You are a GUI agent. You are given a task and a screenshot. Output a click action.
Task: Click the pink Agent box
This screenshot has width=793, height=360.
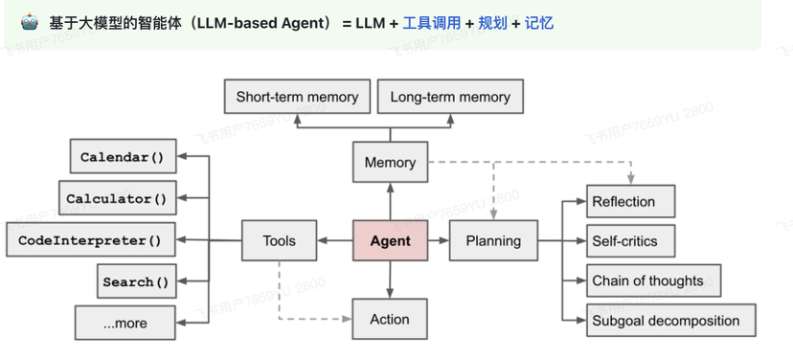coord(390,241)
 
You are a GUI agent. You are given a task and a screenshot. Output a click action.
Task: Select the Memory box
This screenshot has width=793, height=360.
coord(390,163)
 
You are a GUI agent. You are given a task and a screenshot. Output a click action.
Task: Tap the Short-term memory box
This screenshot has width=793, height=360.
coord(297,97)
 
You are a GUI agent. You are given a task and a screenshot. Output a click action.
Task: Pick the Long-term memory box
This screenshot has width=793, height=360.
coord(450,97)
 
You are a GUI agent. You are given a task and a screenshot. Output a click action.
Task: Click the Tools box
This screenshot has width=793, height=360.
coord(279,241)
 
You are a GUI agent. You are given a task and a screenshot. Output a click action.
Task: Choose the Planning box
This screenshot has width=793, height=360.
coord(493,241)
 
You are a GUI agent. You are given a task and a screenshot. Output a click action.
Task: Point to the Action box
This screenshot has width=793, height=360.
coord(390,320)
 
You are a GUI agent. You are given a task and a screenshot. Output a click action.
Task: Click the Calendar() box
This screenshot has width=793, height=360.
coord(123,157)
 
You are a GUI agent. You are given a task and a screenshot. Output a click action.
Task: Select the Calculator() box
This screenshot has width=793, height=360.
coord(116,199)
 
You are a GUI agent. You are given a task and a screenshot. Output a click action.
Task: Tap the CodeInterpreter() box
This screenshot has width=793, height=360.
coord(90,240)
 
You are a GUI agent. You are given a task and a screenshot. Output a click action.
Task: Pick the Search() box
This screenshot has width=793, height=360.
coord(134,281)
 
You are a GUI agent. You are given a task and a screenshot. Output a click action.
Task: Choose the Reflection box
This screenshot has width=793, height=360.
coord(629,201)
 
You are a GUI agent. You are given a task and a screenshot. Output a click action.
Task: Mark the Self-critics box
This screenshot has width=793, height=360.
coord(629,241)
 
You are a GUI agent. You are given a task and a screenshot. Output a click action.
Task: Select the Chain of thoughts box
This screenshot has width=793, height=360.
coord(651,281)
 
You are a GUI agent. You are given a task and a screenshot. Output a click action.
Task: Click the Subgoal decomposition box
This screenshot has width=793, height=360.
coord(670,321)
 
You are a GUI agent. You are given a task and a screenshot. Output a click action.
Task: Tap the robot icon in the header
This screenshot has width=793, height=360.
coord(30,20)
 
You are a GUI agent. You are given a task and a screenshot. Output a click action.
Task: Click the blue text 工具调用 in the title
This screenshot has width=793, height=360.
coord(431,21)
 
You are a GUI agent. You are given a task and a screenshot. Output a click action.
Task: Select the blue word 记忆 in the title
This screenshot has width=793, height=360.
coord(538,21)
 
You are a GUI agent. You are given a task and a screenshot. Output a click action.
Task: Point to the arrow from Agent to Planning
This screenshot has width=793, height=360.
coord(437,241)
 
